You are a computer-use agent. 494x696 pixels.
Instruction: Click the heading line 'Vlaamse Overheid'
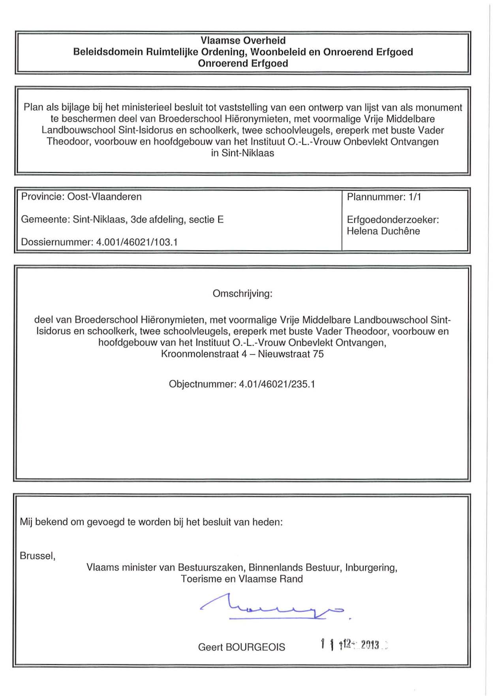click(x=243, y=40)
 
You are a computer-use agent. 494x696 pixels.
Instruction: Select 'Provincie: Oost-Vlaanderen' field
click(x=81, y=197)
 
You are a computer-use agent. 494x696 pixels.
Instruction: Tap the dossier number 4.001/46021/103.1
click(x=137, y=242)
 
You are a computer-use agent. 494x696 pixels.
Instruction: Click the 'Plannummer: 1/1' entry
click(x=383, y=197)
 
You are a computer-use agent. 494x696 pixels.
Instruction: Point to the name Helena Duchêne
click(x=383, y=231)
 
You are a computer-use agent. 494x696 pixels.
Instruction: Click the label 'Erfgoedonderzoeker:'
click(x=393, y=220)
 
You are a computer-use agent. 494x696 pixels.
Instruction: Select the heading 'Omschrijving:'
click(x=242, y=294)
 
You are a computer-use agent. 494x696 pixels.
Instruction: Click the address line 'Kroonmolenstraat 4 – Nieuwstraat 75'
click(x=242, y=354)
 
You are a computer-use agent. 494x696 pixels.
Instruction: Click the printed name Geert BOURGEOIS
click(x=241, y=647)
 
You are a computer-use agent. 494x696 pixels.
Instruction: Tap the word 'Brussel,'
click(x=38, y=556)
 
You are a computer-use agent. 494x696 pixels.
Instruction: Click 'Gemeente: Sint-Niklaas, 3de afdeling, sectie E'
click(x=122, y=220)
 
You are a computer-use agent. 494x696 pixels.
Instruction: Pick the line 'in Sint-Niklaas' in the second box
click(x=242, y=153)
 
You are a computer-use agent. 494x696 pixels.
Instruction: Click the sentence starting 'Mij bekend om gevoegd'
click(x=151, y=522)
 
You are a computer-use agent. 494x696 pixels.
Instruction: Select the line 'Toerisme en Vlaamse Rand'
click(x=242, y=579)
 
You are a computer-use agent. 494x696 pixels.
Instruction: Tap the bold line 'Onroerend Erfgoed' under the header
click(x=243, y=64)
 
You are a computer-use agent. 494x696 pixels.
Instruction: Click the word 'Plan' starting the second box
click(x=33, y=108)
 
